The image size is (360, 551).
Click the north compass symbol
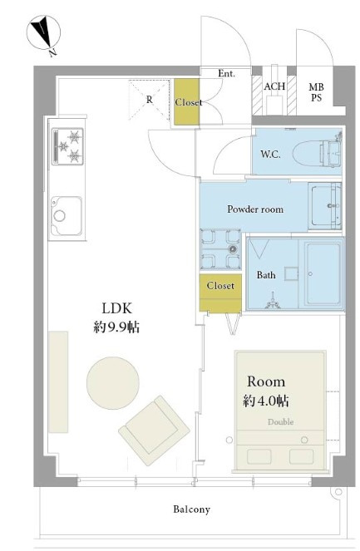click(x=43, y=33)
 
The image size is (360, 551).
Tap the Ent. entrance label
click(x=226, y=73)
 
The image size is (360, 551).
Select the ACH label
click(x=274, y=86)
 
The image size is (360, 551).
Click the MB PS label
click(x=316, y=92)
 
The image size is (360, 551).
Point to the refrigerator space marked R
click(x=150, y=100)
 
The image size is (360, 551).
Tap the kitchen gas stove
click(x=68, y=146)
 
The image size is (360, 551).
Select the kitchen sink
click(x=67, y=216)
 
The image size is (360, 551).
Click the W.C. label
click(x=270, y=154)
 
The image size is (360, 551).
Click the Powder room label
click(x=255, y=209)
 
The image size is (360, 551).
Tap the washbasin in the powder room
click(x=325, y=206)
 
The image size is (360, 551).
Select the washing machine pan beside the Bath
click(x=221, y=249)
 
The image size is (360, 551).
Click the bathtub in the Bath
click(x=321, y=273)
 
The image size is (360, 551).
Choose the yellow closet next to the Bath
click(x=220, y=293)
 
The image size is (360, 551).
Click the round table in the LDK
click(x=113, y=383)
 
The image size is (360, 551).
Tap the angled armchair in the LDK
click(x=155, y=430)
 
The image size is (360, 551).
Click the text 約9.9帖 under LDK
click(x=116, y=327)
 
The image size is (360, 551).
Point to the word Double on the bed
click(x=280, y=421)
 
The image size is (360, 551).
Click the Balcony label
click(x=191, y=509)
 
